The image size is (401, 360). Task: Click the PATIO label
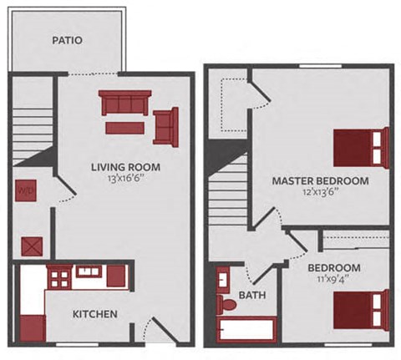coord(66,39)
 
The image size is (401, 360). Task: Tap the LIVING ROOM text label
coord(126,166)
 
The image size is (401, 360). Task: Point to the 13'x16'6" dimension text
coord(126,179)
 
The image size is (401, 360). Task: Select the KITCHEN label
coord(94,314)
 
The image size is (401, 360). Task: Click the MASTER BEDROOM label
coord(320,180)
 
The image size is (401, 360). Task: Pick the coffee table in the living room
coord(124,127)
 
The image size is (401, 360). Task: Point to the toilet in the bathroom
coord(226,304)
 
